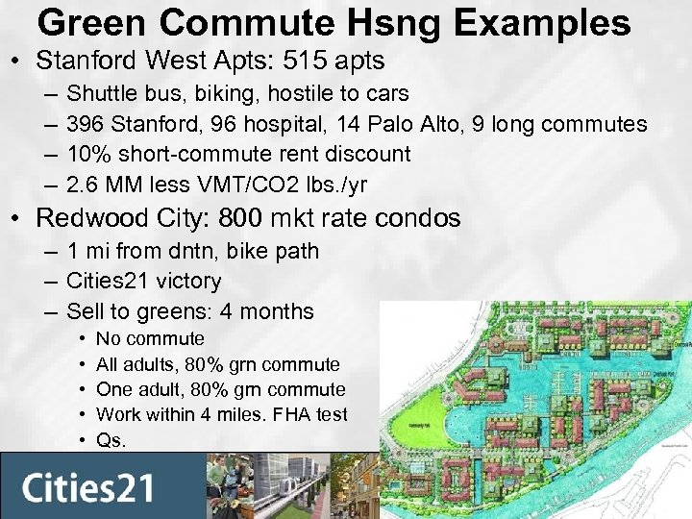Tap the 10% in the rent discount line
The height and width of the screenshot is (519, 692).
[87, 154]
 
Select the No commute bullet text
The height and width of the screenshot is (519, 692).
[150, 338]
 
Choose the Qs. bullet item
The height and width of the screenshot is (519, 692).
[111, 440]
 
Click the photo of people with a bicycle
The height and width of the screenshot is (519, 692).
[235, 485]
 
